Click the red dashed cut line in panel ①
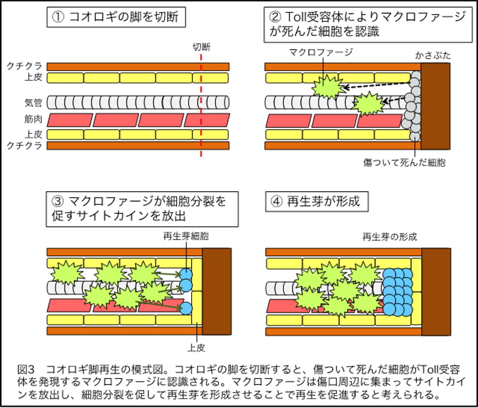click(x=201, y=105)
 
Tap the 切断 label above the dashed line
click(x=201, y=47)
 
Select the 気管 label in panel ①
click(x=33, y=102)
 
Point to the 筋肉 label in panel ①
click(x=33, y=119)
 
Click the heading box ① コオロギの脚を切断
click(x=116, y=17)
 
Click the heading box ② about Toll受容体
click(x=368, y=24)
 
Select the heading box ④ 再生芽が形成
click(x=317, y=201)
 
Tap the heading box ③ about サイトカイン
click(x=142, y=209)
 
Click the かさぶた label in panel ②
click(x=433, y=56)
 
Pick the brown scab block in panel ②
click(x=436, y=106)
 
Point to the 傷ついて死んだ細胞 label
click(x=405, y=162)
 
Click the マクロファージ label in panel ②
click(x=321, y=52)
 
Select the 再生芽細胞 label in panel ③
click(x=186, y=236)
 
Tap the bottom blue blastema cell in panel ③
click(x=186, y=308)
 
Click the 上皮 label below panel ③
click(x=196, y=348)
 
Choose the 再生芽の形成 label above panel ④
click(x=390, y=237)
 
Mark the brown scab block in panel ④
click(x=436, y=292)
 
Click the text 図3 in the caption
click(x=26, y=370)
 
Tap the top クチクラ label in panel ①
click(x=24, y=66)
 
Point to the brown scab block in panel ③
click(x=217, y=292)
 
